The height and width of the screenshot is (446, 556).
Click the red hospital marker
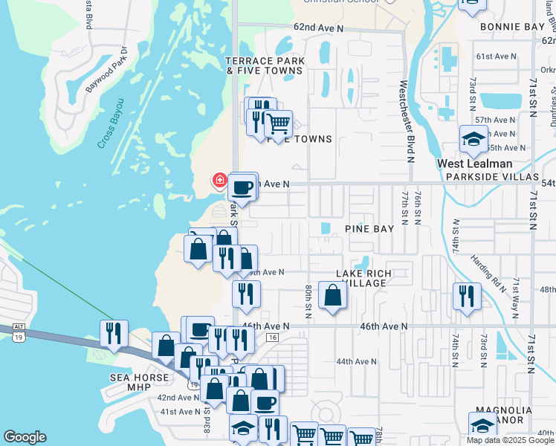tap(219, 180)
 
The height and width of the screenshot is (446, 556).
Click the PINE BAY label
tap(369, 229)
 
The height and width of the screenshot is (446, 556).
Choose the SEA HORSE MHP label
tap(130, 381)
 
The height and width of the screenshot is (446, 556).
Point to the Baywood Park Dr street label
tap(106, 71)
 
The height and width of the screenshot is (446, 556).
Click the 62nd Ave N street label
tap(318, 28)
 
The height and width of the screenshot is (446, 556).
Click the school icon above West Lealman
tap(473, 139)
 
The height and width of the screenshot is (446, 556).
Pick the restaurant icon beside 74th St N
tap(467, 296)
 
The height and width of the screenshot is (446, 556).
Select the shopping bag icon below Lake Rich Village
tap(332, 296)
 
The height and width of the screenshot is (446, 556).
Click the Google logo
tap(25, 438)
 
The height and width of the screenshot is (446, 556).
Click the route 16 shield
tap(273, 337)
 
